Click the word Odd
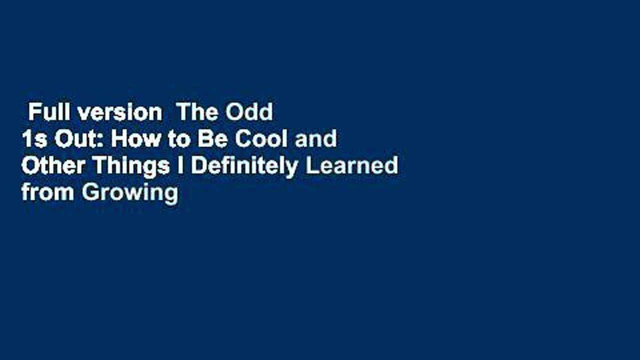249,112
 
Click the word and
315,139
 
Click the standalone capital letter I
180,166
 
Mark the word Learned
352,166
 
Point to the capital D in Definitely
198,166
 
